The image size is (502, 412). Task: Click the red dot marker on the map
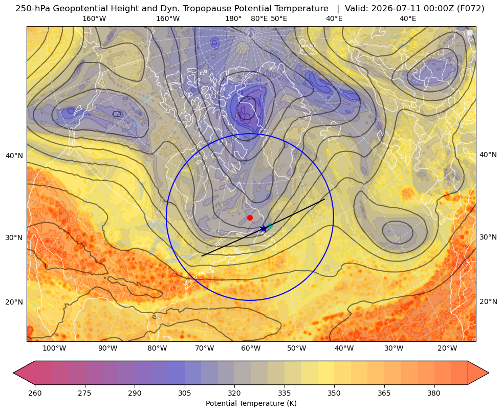250,218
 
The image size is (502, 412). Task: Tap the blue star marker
264,228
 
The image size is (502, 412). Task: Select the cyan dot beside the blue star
270,226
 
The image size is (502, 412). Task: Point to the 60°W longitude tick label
250,349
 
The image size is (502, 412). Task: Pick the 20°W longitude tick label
447,349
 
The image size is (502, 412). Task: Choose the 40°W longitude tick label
344,349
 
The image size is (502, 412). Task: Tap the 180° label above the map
233,18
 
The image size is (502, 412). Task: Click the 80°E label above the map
259,18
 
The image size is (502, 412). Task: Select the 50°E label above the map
279,18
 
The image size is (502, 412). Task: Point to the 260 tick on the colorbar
35,393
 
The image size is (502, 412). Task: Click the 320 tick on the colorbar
234,393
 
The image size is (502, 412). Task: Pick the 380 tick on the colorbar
434,393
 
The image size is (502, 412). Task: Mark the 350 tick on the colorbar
334,393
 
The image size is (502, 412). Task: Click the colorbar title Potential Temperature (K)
251,403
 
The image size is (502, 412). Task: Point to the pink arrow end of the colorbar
24,373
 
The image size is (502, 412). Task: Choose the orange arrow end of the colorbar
478,373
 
